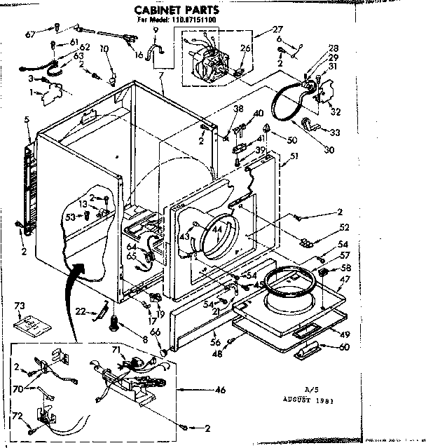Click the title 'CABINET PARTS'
[x=176, y=10]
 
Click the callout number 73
[x=20, y=306]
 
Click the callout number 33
[x=334, y=133]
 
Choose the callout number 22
[x=81, y=311]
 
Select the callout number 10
[x=104, y=48]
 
